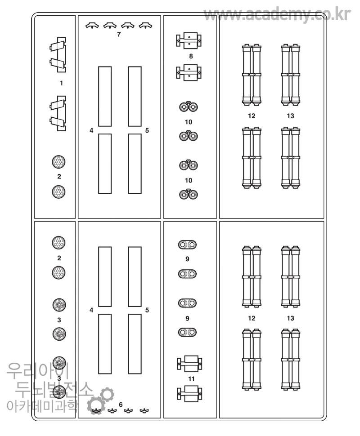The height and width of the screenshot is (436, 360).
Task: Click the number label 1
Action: pos(61,83)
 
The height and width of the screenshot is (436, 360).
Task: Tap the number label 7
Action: pos(119,34)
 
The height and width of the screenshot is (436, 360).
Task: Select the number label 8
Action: pos(191,56)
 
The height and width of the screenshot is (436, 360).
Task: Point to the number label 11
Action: pos(191,379)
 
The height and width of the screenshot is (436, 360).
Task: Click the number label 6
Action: pos(121,405)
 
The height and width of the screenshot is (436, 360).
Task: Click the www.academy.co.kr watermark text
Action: pos(277,14)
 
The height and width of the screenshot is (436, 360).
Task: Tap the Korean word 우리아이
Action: pos(38,371)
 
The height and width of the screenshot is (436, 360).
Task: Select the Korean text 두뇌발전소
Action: pos(54,389)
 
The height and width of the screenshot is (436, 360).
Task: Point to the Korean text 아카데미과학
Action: pos(42,406)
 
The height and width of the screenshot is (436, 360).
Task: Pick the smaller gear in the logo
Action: pos(107,394)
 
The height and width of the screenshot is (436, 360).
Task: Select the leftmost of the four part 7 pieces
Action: pos(92,26)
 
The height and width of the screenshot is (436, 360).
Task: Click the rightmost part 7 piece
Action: pos(145,26)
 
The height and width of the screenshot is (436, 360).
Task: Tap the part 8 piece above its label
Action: pos(189,40)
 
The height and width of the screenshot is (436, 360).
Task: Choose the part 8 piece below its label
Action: pos(189,72)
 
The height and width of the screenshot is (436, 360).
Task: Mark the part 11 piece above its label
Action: pos(189,364)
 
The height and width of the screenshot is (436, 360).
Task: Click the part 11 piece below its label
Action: pos(189,393)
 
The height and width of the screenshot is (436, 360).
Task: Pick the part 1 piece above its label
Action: pos(58,55)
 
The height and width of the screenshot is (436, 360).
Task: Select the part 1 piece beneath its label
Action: pos(58,113)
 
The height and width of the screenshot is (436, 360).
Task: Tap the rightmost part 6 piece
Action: pos(144,411)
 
